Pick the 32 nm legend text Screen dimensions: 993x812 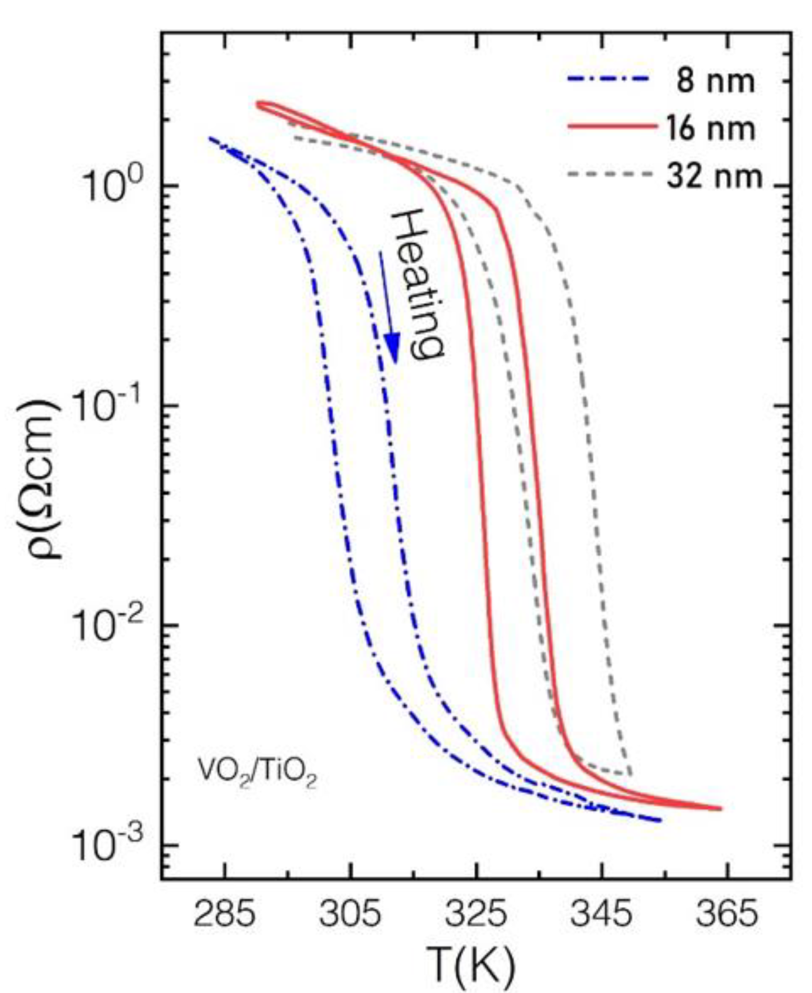coord(714,176)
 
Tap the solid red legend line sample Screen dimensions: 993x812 coord(611,127)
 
